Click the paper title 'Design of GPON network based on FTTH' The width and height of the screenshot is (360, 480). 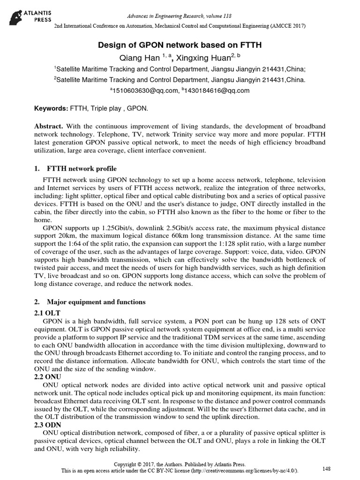click(180, 45)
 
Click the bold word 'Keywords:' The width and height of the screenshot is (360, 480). click(51, 109)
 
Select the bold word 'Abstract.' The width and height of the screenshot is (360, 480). click(49, 127)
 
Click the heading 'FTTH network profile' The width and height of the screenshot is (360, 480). click(82, 168)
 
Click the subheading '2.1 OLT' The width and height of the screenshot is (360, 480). click(48, 312)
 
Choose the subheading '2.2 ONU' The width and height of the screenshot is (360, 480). click(48, 376)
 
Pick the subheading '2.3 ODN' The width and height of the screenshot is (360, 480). click(48, 424)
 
